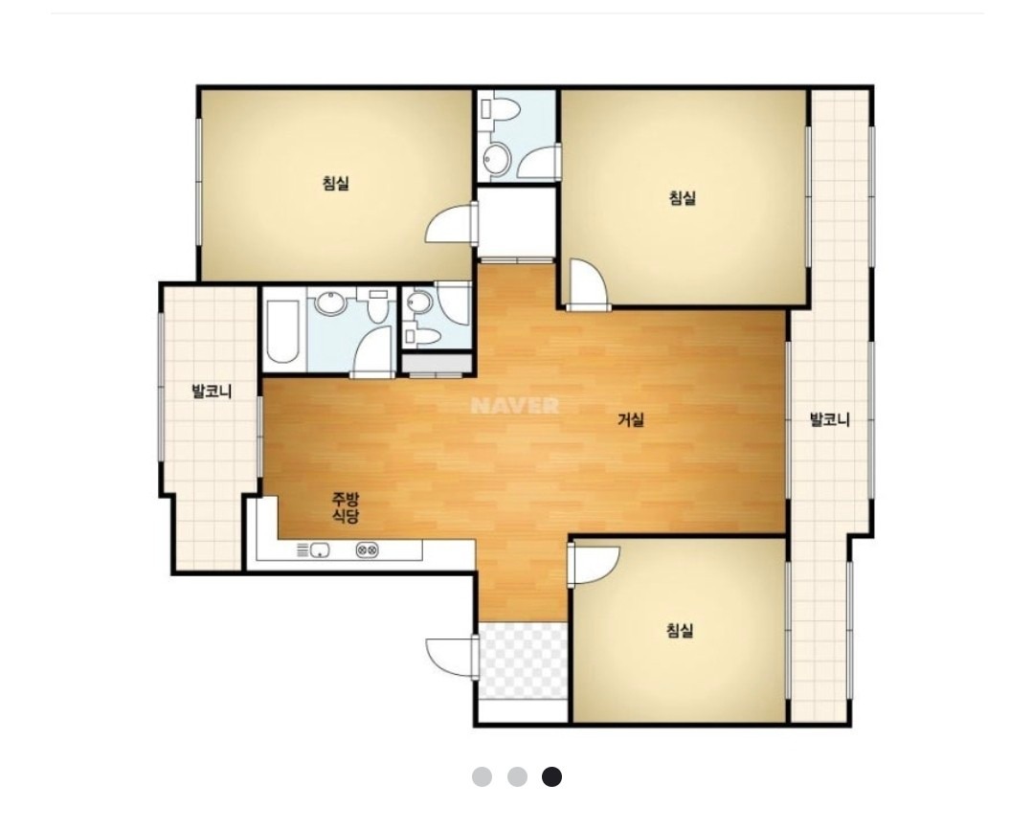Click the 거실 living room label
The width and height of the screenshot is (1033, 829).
pyautogui.click(x=631, y=419)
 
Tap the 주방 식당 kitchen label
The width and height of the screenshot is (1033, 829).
pyautogui.click(x=346, y=506)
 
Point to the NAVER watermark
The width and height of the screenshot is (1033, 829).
pyautogui.click(x=515, y=405)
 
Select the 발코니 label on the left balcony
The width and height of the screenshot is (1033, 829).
pyautogui.click(x=212, y=392)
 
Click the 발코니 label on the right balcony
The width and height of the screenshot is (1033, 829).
pyautogui.click(x=829, y=419)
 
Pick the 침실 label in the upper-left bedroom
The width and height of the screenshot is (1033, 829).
pyautogui.click(x=335, y=183)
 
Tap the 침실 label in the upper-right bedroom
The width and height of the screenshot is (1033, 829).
pyautogui.click(x=682, y=197)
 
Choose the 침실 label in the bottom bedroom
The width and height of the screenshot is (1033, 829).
pyautogui.click(x=679, y=631)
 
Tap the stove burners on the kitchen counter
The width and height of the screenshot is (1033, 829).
pyautogui.click(x=367, y=549)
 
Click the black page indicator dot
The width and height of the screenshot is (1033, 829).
pyautogui.click(x=552, y=777)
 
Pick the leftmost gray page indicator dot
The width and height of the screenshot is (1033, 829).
pyautogui.click(x=482, y=777)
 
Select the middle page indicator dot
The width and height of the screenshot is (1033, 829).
pyautogui.click(x=517, y=777)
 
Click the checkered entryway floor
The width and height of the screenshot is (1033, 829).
pyautogui.click(x=523, y=661)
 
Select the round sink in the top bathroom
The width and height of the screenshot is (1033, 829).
pyautogui.click(x=497, y=158)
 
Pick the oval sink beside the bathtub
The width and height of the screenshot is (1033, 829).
pyautogui.click(x=330, y=302)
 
